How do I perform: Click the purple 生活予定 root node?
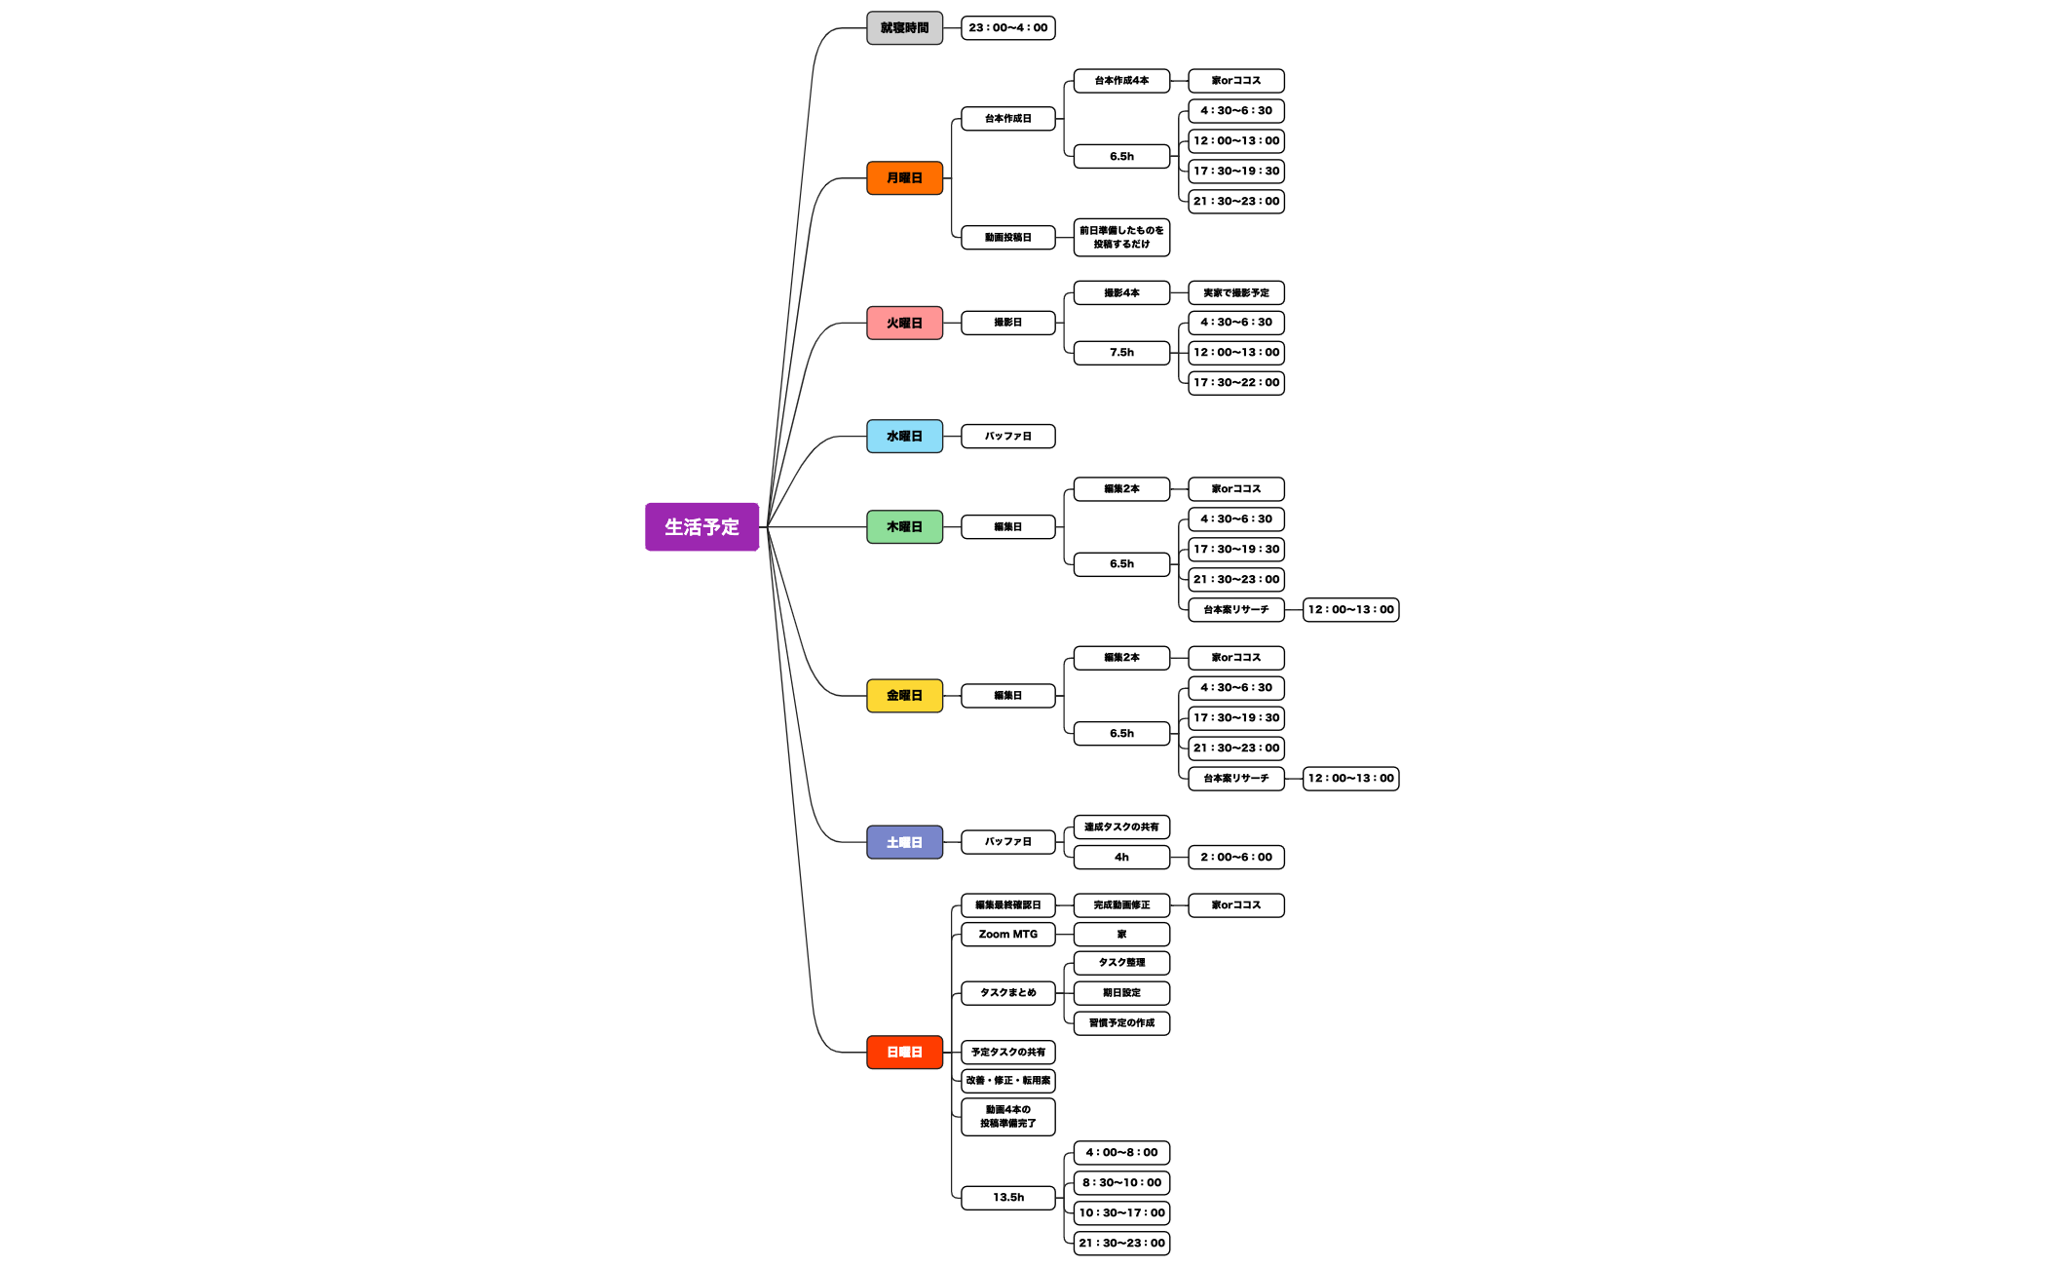click(x=701, y=527)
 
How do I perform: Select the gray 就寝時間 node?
click(x=904, y=28)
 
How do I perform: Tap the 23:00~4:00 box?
click(x=1007, y=28)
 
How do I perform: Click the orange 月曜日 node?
click(x=904, y=178)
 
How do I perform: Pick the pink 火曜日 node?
click(x=904, y=323)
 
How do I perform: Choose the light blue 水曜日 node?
click(x=904, y=437)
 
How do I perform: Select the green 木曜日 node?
click(x=904, y=527)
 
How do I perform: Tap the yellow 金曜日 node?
click(x=904, y=696)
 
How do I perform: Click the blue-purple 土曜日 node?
click(x=904, y=842)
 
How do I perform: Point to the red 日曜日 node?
click(x=904, y=1053)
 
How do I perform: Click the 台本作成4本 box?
click(x=1121, y=81)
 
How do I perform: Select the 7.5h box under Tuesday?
click(x=1121, y=353)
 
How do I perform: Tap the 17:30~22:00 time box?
click(x=1236, y=383)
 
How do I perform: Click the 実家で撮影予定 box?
click(x=1236, y=293)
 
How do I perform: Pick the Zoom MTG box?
click(x=1007, y=935)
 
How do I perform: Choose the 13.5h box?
click(x=1007, y=1198)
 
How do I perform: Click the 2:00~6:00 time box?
click(x=1236, y=858)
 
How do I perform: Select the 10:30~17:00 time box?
click(x=1121, y=1213)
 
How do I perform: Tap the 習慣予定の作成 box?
click(x=1121, y=1023)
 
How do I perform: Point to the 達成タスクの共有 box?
click(x=1121, y=827)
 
